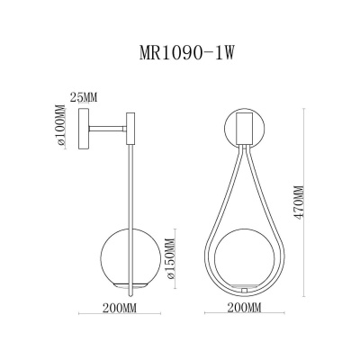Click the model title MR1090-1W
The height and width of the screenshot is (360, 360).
(186, 54)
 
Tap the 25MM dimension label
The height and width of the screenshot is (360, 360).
(84, 97)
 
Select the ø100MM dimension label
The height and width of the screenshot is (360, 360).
(60, 125)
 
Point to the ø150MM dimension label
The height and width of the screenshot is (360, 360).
(170, 259)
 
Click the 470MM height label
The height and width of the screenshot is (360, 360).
(299, 202)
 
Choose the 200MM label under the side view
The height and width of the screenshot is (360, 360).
(120, 308)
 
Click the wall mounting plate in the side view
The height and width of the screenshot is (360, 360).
(84, 129)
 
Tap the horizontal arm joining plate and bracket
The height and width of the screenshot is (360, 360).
(108, 129)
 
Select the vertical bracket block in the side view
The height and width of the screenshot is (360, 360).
(130, 129)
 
